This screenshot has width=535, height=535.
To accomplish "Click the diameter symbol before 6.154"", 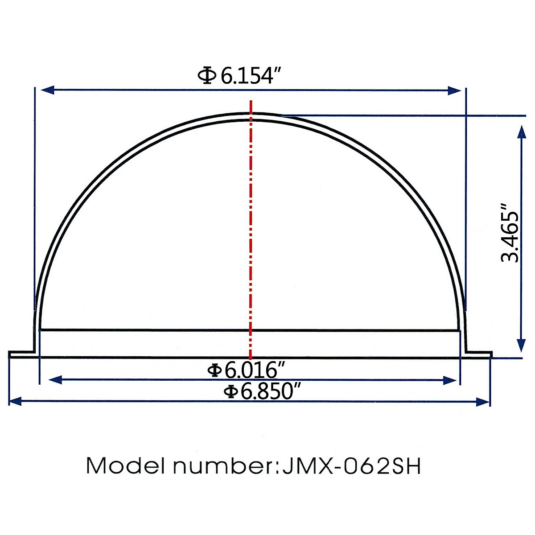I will (x=207, y=76).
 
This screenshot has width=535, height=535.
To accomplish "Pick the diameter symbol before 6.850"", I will (x=230, y=392).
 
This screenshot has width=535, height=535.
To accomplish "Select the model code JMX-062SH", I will (x=350, y=466).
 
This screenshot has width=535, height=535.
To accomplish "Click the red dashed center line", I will (x=251, y=223).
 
